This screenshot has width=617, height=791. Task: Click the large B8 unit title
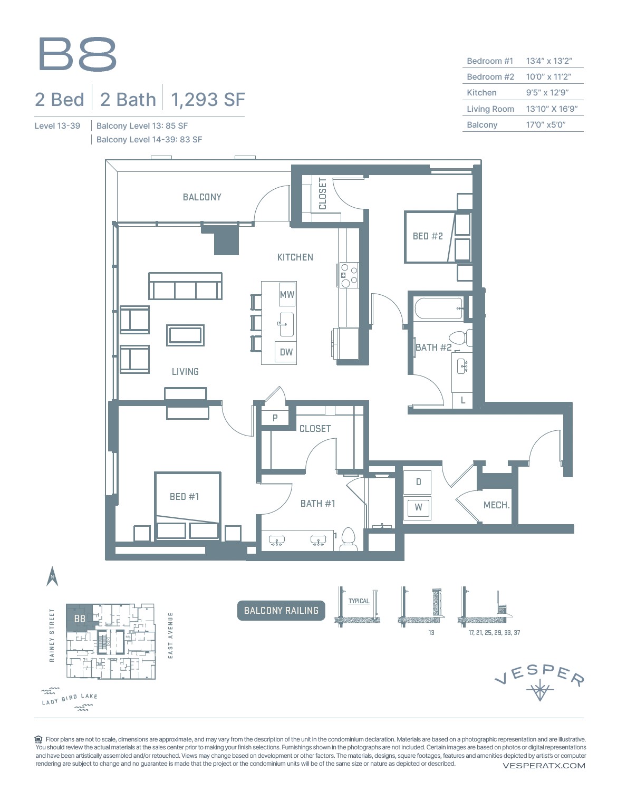coord(77,54)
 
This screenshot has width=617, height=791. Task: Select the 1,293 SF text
coord(208,99)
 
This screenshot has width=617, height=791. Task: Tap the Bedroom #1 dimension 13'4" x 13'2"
coord(548,61)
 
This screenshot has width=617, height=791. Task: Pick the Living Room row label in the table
coord(490,109)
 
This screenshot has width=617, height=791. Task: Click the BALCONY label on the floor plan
coord(202,197)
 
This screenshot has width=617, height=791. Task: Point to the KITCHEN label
coord(295,257)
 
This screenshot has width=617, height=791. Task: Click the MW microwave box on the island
coord(287,294)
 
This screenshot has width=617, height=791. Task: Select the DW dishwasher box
coord(286,352)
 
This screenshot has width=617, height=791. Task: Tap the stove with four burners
coord(349,275)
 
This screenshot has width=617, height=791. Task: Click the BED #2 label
coord(427,236)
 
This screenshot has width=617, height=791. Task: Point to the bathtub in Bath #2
coord(438,308)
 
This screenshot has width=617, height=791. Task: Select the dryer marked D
coord(418,481)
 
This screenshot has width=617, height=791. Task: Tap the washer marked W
coord(418,507)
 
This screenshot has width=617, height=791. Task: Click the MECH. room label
coord(496,505)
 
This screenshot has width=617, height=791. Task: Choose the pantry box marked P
coord(275,418)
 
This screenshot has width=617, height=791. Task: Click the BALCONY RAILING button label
coord(281,610)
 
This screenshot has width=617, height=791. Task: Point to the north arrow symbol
coord(52,576)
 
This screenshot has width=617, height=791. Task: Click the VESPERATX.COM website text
coord(544,765)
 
